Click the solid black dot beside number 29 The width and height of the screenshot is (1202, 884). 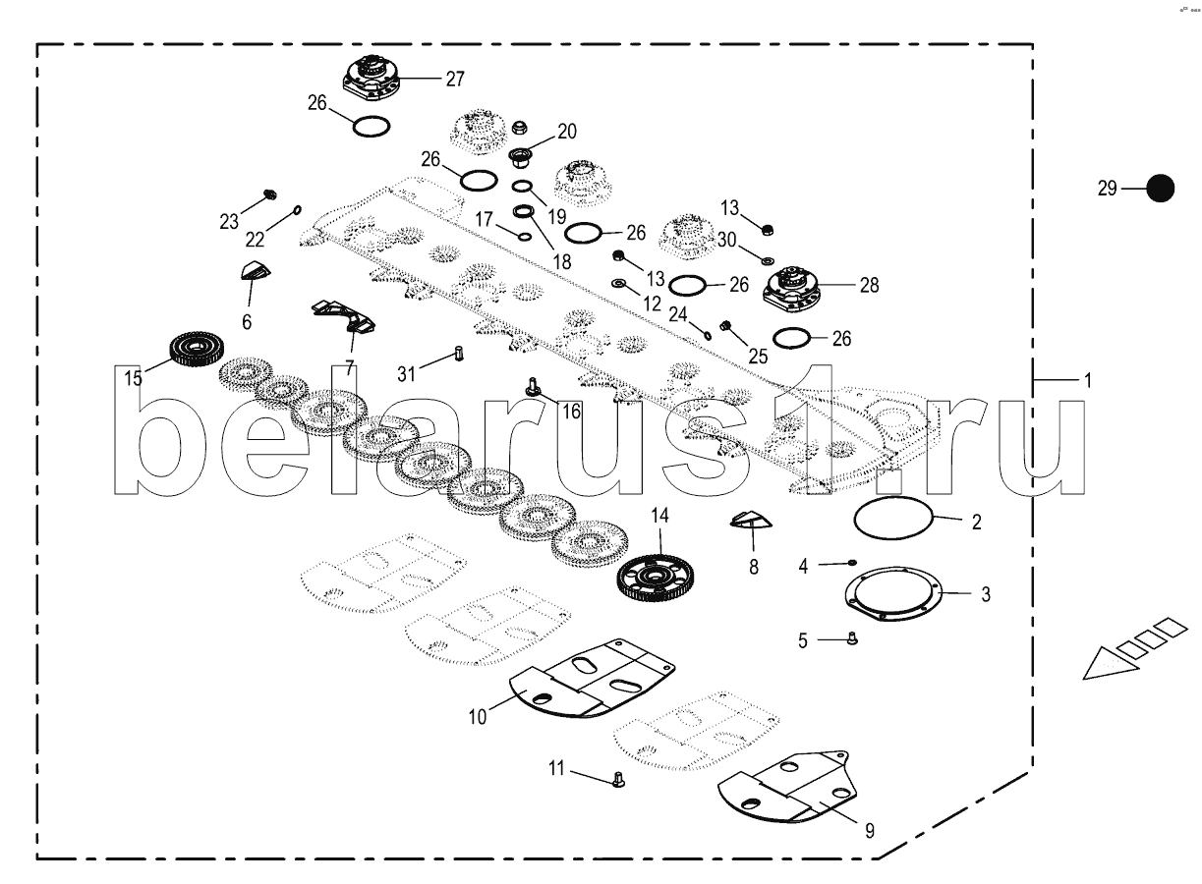(1161, 188)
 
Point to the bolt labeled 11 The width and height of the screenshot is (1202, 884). (619, 781)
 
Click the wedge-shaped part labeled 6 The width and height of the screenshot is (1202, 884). (255, 272)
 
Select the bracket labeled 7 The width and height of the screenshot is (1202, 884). (343, 315)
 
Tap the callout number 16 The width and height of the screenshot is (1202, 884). (570, 411)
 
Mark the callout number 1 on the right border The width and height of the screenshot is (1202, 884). (1087, 379)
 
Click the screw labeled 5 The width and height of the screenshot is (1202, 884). (852, 639)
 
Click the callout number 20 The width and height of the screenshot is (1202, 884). (567, 132)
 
